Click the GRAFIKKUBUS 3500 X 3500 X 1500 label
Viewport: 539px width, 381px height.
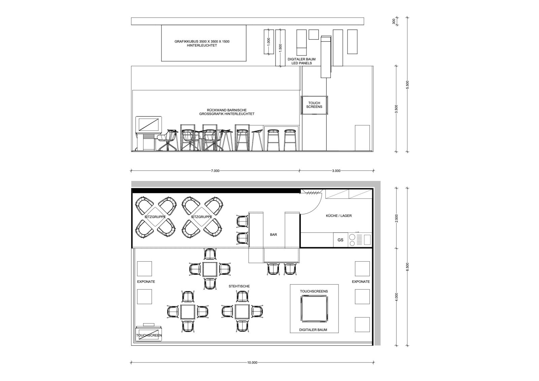click(x=202, y=41)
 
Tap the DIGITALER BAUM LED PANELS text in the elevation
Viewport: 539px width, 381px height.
click(x=302, y=61)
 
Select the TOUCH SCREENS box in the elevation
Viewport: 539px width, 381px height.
click(x=314, y=105)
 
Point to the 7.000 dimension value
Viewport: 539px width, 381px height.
click(x=215, y=171)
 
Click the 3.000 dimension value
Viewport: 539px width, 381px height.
click(x=336, y=171)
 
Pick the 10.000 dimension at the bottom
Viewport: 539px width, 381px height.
click(x=252, y=363)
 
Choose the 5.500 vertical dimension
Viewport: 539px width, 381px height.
click(x=407, y=85)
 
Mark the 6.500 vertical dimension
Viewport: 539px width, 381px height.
click(x=407, y=267)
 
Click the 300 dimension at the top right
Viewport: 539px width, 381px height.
click(x=394, y=21)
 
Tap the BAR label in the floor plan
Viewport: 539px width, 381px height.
click(x=273, y=234)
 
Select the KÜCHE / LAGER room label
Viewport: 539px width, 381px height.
click(x=339, y=216)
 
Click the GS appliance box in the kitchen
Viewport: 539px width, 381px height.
click(x=341, y=240)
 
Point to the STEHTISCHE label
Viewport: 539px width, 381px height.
click(x=239, y=286)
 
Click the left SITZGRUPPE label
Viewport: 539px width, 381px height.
click(x=155, y=217)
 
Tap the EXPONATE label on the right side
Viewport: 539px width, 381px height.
click(x=361, y=282)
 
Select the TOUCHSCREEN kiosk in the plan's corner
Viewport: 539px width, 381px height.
click(x=149, y=334)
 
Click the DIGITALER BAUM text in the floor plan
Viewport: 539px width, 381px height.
click(x=313, y=330)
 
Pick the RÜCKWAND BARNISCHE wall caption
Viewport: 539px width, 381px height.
click(x=227, y=110)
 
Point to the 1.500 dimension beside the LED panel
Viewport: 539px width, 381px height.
click(x=280, y=47)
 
